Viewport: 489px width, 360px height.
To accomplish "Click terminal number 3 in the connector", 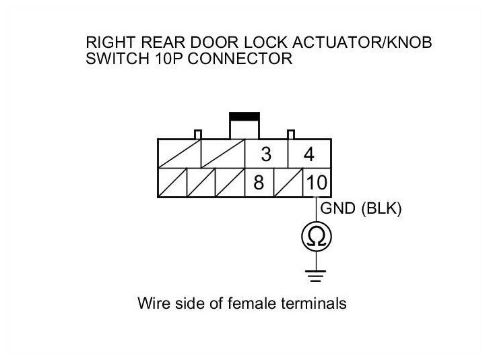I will (x=266, y=154).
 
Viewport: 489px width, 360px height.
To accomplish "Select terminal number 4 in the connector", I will (x=309, y=154).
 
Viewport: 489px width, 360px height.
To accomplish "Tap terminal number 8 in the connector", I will (x=258, y=183).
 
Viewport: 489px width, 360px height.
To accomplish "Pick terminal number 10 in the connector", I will (x=316, y=183).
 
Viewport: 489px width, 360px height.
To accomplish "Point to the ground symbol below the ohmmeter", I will (x=316, y=275).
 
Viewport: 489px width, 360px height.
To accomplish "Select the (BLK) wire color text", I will (x=382, y=209).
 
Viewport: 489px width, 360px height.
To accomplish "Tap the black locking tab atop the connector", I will (x=244, y=117).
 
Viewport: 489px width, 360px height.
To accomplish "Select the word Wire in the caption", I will (x=152, y=303).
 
